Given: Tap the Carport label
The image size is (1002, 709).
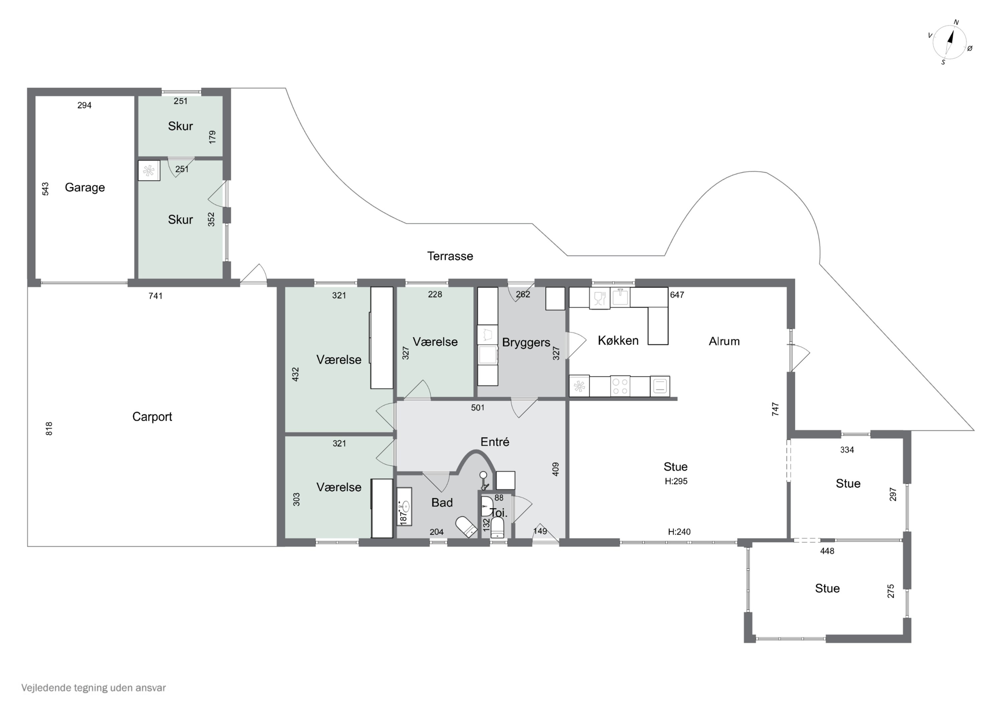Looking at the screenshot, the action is [x=152, y=417].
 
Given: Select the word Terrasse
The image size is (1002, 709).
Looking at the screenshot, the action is [x=450, y=256].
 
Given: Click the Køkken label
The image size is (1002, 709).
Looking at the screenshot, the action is [x=618, y=341].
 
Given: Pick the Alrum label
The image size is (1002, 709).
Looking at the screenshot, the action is [x=724, y=341].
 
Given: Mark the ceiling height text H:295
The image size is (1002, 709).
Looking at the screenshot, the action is [x=676, y=481].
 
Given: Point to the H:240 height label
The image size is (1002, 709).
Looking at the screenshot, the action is [x=679, y=531].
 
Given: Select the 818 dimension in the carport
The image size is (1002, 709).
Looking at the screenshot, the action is [x=49, y=429].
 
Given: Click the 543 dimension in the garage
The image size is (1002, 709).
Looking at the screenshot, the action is [x=45, y=189].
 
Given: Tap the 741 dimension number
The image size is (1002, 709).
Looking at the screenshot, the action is [x=155, y=296].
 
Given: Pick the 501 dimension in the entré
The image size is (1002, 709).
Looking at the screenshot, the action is [x=477, y=407].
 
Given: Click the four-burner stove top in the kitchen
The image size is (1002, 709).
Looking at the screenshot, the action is [x=620, y=386].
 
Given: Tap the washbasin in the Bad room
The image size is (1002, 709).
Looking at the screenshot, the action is [x=404, y=506].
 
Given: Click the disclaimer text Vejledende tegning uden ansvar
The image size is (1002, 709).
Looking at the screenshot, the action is [x=94, y=688].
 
